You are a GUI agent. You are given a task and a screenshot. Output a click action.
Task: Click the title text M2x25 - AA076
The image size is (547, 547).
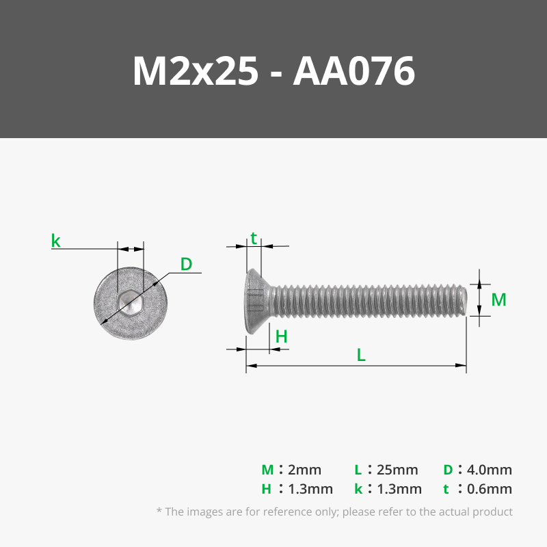pyautogui.click(x=273, y=71)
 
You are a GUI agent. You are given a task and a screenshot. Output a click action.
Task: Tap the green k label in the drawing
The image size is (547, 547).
pyautogui.click(x=55, y=241)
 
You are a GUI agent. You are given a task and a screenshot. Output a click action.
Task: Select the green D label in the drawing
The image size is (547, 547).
pyautogui.click(x=186, y=264)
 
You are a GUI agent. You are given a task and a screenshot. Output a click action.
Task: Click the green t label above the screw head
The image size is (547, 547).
pyautogui.click(x=254, y=238)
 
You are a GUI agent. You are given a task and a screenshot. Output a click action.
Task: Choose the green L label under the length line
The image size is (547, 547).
pyautogui.click(x=361, y=355)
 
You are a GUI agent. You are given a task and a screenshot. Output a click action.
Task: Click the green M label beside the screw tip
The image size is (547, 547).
pyautogui.click(x=498, y=299)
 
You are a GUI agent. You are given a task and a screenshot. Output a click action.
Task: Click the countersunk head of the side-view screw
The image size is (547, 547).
pyautogui.click(x=257, y=300)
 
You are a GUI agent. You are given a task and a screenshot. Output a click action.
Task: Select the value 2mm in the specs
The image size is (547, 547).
pyautogui.click(x=304, y=470)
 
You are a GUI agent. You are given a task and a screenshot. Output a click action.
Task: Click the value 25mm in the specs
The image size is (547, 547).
pyautogui.click(x=397, y=470)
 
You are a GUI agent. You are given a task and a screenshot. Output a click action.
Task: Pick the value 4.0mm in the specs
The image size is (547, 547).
pyautogui.click(x=489, y=470)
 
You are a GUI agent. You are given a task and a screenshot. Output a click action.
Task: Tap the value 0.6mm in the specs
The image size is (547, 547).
pyautogui.click(x=489, y=489)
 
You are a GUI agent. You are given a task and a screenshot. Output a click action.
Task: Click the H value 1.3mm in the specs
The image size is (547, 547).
pyautogui.click(x=310, y=489)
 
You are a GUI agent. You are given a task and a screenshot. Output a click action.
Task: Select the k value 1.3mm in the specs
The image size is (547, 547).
pyautogui.click(x=399, y=489)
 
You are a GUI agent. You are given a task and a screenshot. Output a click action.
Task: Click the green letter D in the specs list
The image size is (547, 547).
pyautogui.click(x=448, y=470)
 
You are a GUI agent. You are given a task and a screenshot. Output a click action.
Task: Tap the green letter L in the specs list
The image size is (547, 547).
pyautogui.click(x=358, y=470)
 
